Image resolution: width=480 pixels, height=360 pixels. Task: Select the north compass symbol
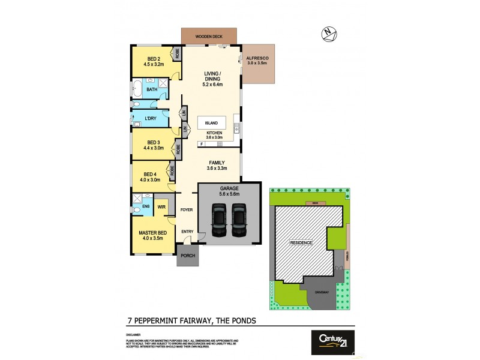[328, 34]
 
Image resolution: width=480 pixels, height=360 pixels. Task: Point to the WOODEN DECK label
[210, 37]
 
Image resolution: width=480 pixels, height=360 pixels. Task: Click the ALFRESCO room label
[258, 59]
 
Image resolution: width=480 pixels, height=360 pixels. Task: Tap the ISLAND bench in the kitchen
[211, 122]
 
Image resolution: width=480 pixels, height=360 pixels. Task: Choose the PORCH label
[187, 256]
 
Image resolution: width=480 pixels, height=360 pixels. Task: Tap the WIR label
[161, 208]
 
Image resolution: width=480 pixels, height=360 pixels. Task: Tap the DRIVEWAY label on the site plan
[322, 292]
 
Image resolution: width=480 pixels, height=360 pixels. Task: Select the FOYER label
[187, 210]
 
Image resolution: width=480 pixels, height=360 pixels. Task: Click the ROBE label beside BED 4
[172, 170]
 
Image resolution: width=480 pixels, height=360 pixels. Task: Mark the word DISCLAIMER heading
[133, 334]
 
